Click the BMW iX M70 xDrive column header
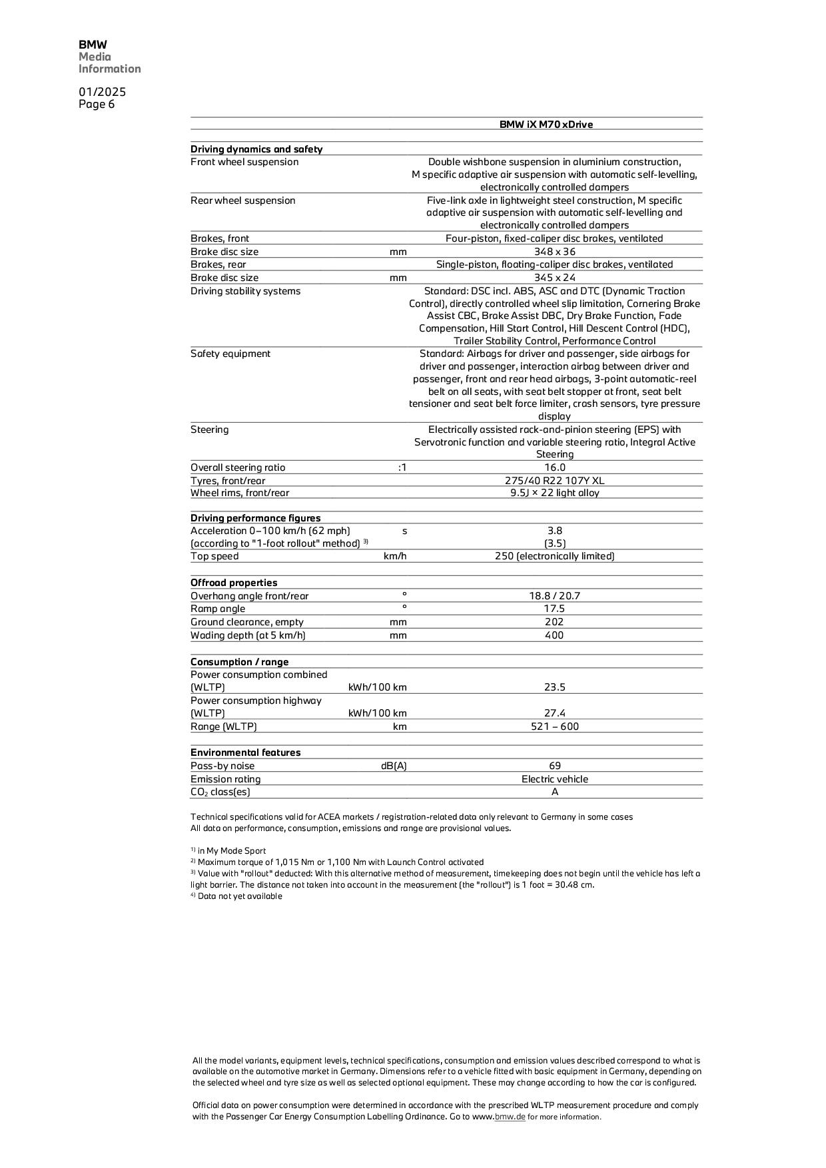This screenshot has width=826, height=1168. (x=546, y=125)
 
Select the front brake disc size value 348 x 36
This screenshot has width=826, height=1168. (x=554, y=252)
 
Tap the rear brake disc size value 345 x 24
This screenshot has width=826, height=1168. (x=554, y=278)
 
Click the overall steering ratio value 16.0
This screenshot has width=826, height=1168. (x=554, y=467)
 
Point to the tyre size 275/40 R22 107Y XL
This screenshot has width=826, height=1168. (x=554, y=481)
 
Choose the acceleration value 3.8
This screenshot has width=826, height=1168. (x=554, y=531)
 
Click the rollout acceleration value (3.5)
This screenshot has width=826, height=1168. (x=554, y=543)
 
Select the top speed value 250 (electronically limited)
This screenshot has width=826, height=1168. (x=554, y=556)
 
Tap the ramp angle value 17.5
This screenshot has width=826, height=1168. (x=554, y=609)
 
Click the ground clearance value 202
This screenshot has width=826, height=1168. (x=554, y=622)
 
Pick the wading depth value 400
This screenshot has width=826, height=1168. (x=554, y=635)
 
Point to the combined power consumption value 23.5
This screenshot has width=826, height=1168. (x=554, y=687)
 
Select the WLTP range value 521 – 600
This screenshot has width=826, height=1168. (x=554, y=727)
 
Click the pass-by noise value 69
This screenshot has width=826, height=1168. (x=554, y=766)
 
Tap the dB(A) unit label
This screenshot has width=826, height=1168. (x=393, y=766)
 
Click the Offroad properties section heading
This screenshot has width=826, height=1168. (x=234, y=583)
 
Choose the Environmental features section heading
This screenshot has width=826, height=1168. (x=245, y=752)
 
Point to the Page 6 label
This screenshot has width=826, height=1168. (x=97, y=105)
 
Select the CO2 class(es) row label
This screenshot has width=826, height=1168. (x=220, y=792)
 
